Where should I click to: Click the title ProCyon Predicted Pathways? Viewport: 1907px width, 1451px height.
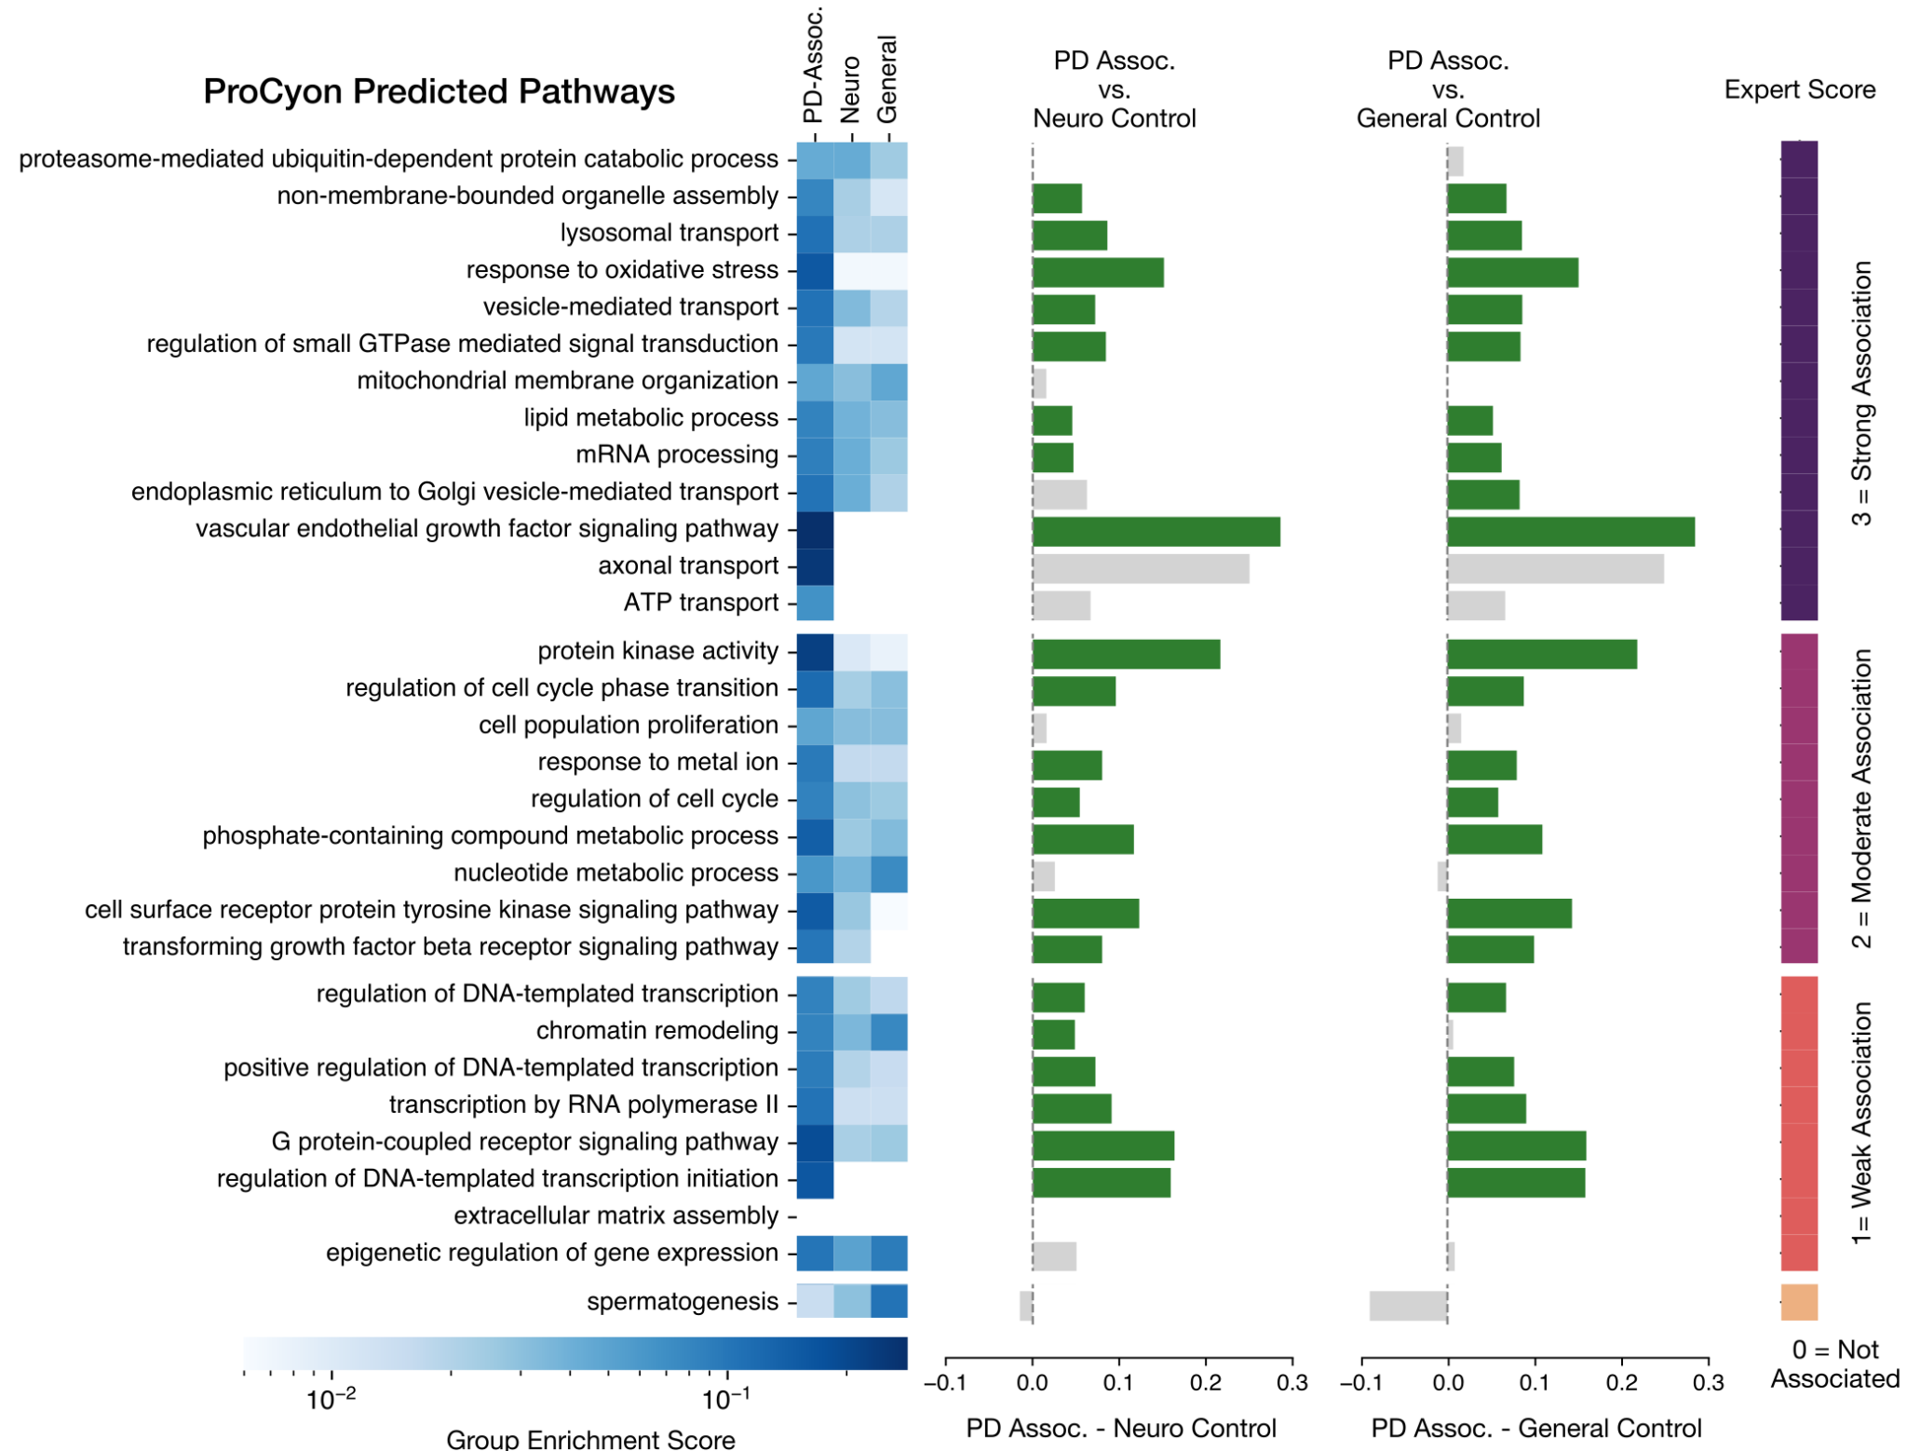439,91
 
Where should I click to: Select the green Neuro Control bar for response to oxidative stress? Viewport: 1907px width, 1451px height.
1098,272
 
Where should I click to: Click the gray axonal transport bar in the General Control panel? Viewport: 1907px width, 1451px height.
1555,568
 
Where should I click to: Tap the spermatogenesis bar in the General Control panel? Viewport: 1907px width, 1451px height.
1408,1305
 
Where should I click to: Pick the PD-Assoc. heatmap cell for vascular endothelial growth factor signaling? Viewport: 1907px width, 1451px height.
815,530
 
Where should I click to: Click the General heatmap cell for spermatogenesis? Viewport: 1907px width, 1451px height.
889,1300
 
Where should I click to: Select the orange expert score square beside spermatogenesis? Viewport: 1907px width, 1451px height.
1799,1301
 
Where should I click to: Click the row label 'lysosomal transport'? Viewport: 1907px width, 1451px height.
669,233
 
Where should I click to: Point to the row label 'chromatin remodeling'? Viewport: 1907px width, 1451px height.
656,1030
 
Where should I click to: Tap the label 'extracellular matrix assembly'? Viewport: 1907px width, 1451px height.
615,1215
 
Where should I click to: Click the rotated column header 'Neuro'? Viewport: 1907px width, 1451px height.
849,88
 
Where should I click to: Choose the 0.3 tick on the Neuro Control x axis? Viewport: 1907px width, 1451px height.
1292,1382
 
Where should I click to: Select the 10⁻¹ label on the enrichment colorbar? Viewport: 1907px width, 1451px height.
726,1400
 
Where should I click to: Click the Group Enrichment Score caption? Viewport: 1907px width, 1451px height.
590,1438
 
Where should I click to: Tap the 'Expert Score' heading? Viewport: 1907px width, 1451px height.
1799,89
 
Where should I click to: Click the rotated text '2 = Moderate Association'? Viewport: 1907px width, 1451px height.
1861,798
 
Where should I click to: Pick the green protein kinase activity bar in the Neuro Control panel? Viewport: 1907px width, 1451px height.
1126,654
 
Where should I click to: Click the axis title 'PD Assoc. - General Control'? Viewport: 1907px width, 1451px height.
1536,1428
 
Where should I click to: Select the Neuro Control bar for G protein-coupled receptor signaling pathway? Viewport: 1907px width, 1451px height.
1102,1145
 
